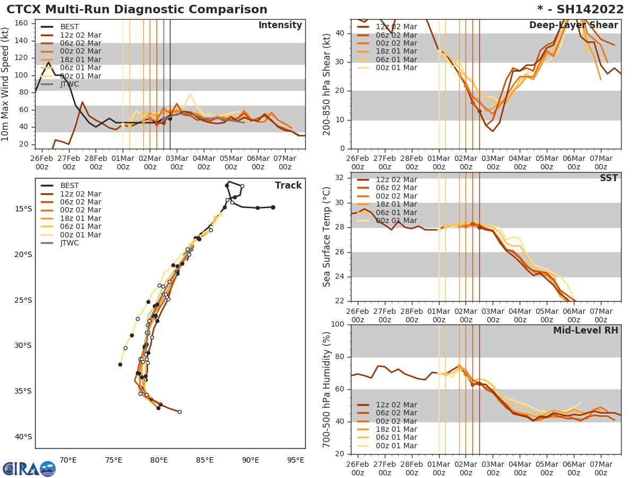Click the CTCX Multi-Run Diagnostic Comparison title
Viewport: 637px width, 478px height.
(137, 10)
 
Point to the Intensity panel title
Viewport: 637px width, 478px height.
(280, 25)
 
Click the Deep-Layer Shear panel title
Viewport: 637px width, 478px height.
(573, 25)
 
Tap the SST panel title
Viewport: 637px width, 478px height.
(609, 178)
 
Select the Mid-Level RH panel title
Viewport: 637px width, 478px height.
(586, 331)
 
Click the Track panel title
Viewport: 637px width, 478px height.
(288, 186)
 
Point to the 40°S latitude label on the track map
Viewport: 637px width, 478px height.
(23, 437)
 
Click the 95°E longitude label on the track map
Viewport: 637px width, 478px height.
(296, 460)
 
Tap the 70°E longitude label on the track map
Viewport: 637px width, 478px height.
(68, 460)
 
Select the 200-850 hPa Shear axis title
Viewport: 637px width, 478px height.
(327, 84)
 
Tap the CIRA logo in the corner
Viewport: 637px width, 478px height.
(29, 468)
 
